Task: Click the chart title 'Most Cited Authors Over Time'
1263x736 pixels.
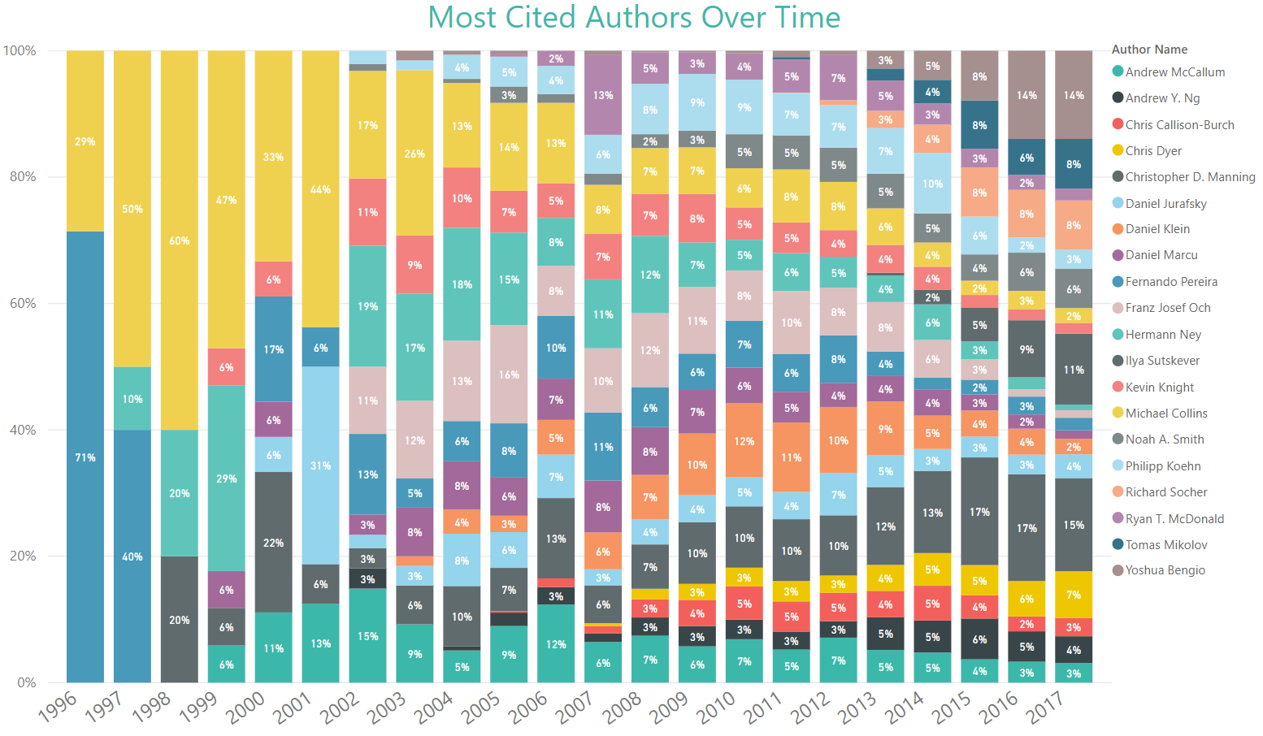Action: (x=634, y=18)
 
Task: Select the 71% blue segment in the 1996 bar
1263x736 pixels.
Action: (x=85, y=457)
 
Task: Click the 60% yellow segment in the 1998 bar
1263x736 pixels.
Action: (x=180, y=240)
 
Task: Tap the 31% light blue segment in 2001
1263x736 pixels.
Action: (x=321, y=465)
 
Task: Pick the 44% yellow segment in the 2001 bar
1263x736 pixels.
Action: (x=321, y=189)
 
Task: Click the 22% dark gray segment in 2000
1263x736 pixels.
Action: (x=274, y=542)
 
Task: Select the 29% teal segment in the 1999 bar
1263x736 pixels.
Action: (x=227, y=478)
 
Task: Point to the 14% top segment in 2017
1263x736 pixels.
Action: (x=1074, y=95)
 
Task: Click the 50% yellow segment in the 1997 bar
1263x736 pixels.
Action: (x=132, y=209)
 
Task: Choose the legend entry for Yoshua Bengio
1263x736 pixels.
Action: (x=1164, y=570)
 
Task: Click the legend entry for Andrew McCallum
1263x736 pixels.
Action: (x=1174, y=72)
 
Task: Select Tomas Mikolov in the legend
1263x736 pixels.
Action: (x=1165, y=545)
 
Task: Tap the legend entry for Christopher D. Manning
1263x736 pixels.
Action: (x=1189, y=177)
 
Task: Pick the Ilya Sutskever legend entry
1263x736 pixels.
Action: (x=1161, y=361)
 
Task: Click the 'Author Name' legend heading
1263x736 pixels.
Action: (x=1149, y=50)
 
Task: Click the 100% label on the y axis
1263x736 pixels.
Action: (x=20, y=50)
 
